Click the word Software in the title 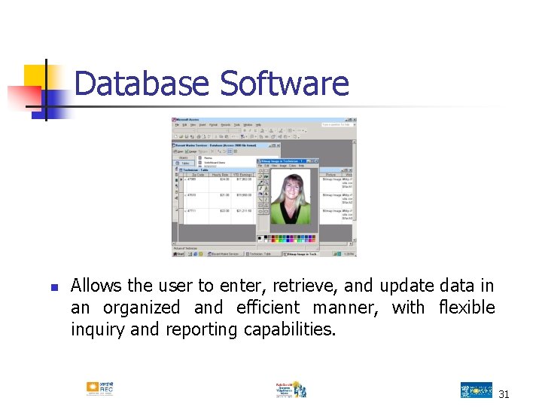pyautogui.click(x=285, y=84)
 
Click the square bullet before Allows pyautogui.click(x=53, y=287)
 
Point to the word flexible pyautogui.click(x=466, y=308)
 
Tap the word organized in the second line pyautogui.click(x=142, y=308)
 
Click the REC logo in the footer pyautogui.click(x=99, y=389)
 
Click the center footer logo pyautogui.click(x=291, y=389)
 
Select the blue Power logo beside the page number pyautogui.click(x=476, y=390)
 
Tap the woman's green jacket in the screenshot pyautogui.click(x=289, y=215)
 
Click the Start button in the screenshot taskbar pyautogui.click(x=180, y=255)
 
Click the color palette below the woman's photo pyautogui.click(x=286, y=238)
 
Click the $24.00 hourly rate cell pyautogui.click(x=224, y=179)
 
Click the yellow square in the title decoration pyautogui.click(x=35, y=76)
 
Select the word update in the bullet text pyautogui.click(x=405, y=286)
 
